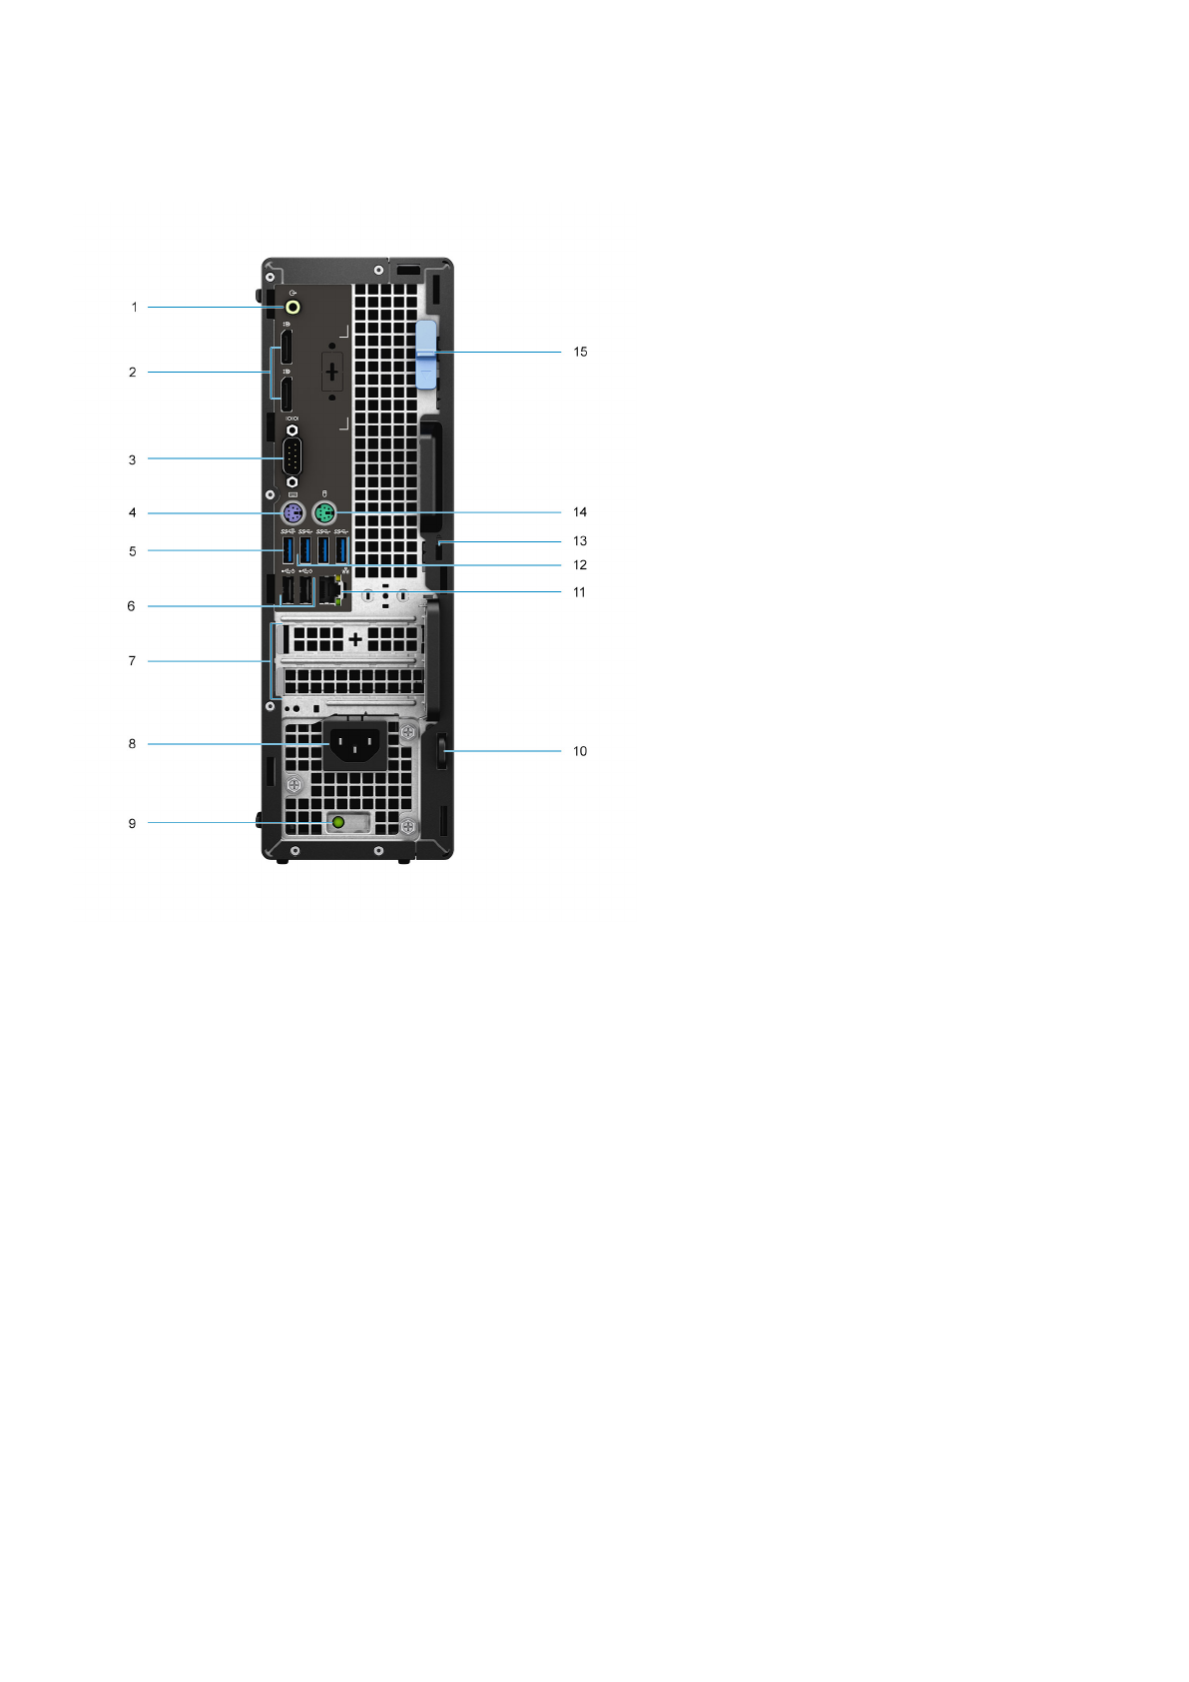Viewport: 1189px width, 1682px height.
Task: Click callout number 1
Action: click(x=134, y=308)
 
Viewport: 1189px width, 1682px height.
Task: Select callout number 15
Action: click(x=580, y=352)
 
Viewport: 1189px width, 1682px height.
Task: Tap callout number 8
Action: click(x=132, y=744)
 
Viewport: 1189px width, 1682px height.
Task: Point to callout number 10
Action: click(x=580, y=751)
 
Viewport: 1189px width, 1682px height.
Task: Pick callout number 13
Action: click(x=580, y=541)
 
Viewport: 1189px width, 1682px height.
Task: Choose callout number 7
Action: click(x=132, y=661)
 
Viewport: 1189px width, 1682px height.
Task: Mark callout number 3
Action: click(x=132, y=460)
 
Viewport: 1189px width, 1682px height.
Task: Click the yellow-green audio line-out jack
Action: click(x=293, y=308)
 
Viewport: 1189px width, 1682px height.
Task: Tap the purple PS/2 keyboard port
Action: click(x=292, y=514)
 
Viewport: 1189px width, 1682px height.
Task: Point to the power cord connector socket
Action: click(x=354, y=745)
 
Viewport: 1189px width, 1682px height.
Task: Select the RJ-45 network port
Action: click(x=330, y=591)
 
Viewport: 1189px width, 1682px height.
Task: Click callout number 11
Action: click(x=579, y=592)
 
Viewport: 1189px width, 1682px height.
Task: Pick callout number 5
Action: click(x=132, y=551)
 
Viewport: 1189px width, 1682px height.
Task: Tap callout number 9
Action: click(x=132, y=824)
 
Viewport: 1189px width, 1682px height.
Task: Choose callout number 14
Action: click(x=580, y=512)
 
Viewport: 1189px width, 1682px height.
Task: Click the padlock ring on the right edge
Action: click(x=443, y=751)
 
